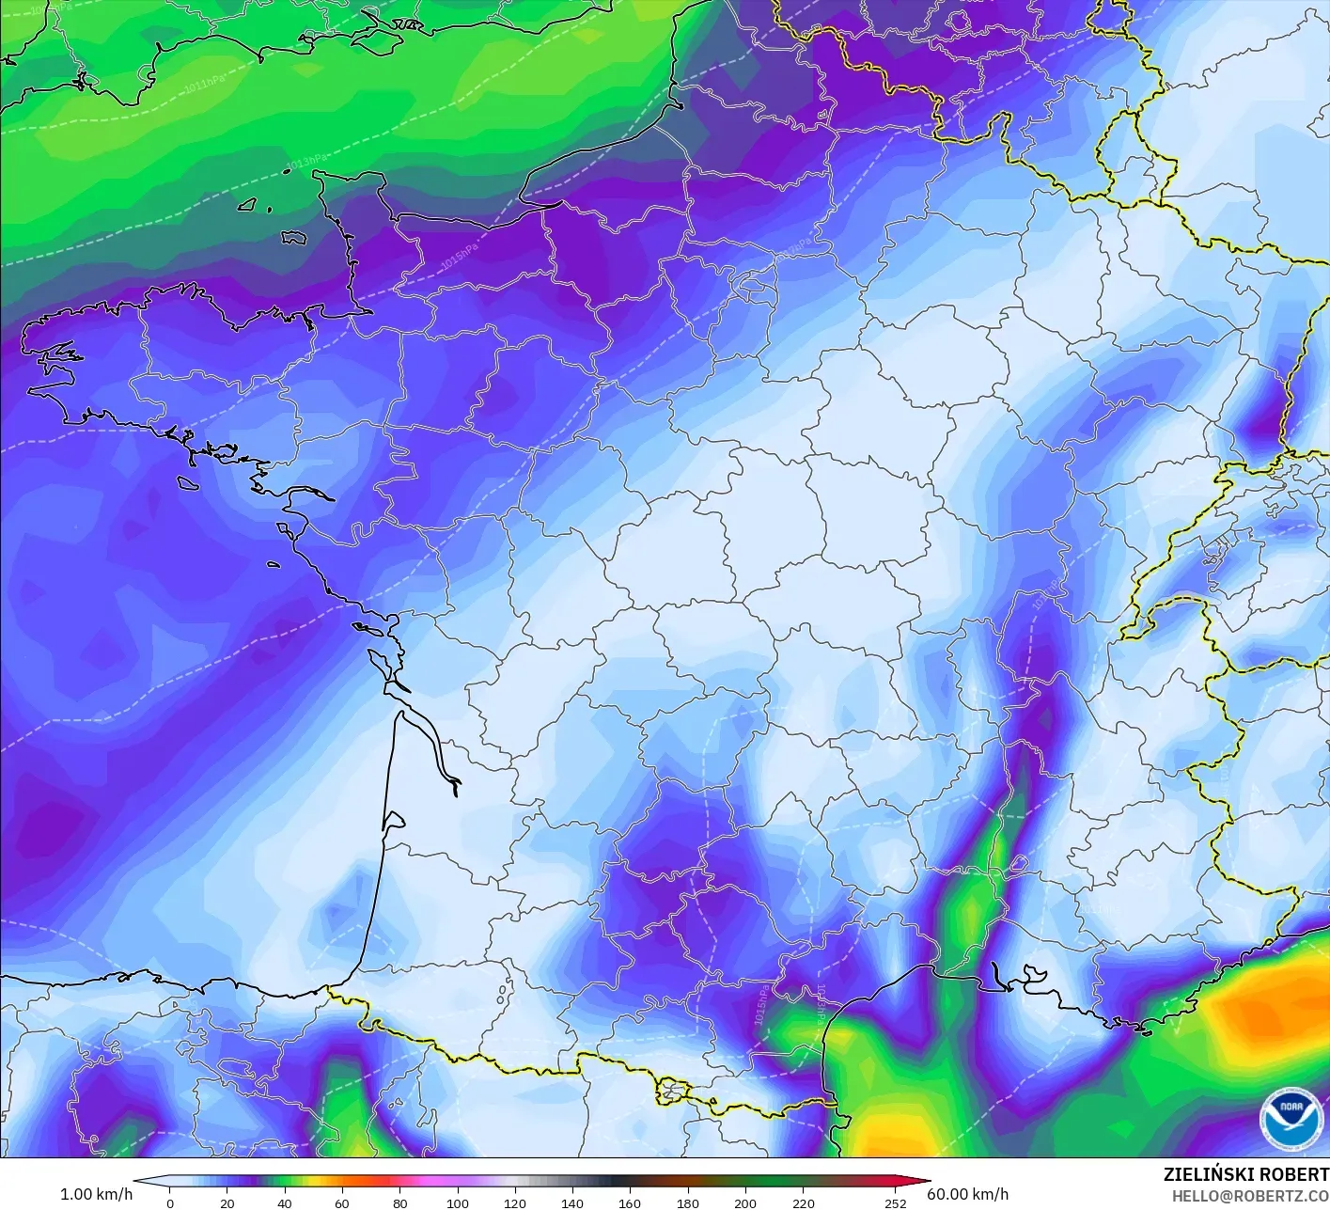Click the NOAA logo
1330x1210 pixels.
1291,1119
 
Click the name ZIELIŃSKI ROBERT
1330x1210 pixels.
1245,1174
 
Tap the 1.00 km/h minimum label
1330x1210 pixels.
96,1194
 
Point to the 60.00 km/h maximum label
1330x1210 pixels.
967,1194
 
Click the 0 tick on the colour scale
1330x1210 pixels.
169,1202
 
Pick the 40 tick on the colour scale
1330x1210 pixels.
284,1202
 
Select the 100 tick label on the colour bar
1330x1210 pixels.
457,1202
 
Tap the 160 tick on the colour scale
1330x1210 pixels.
630,1202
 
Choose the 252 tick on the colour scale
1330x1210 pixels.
895,1202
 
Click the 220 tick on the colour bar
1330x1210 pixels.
803,1202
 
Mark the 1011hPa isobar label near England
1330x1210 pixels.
204,84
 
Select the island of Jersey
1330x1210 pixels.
294,239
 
